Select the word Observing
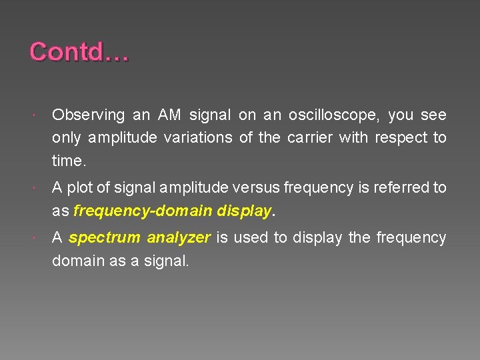point(88,115)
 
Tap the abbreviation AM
point(169,115)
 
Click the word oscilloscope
point(333,115)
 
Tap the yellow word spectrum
point(105,238)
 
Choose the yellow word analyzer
point(179,238)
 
